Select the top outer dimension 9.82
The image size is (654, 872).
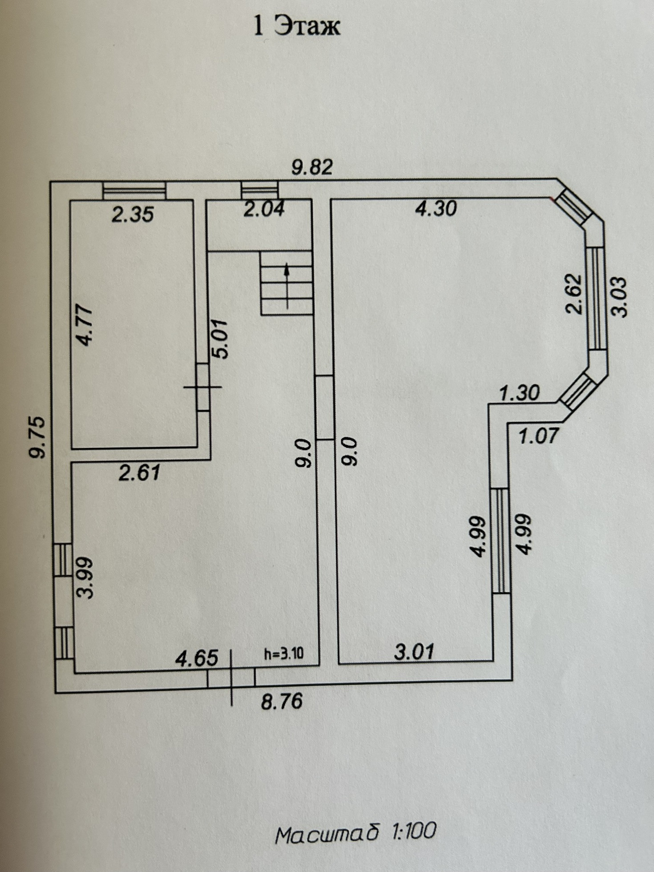coord(312,167)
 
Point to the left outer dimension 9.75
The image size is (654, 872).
coord(37,437)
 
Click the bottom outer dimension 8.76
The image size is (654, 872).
coord(282,702)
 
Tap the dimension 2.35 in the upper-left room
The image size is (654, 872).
coord(133,214)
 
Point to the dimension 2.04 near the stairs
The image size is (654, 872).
coord(264,209)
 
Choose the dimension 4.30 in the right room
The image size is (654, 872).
coord(436,208)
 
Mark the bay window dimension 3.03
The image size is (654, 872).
coord(619,297)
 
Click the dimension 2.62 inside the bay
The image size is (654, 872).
coord(574,294)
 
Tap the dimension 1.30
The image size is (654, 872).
coord(519,393)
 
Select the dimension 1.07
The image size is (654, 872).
coord(538,436)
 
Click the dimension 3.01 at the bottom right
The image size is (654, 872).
coord(414,652)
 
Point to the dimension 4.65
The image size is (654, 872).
coord(197,658)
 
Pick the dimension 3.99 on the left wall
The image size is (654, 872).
coord(85,577)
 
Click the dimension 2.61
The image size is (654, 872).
coord(139,472)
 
